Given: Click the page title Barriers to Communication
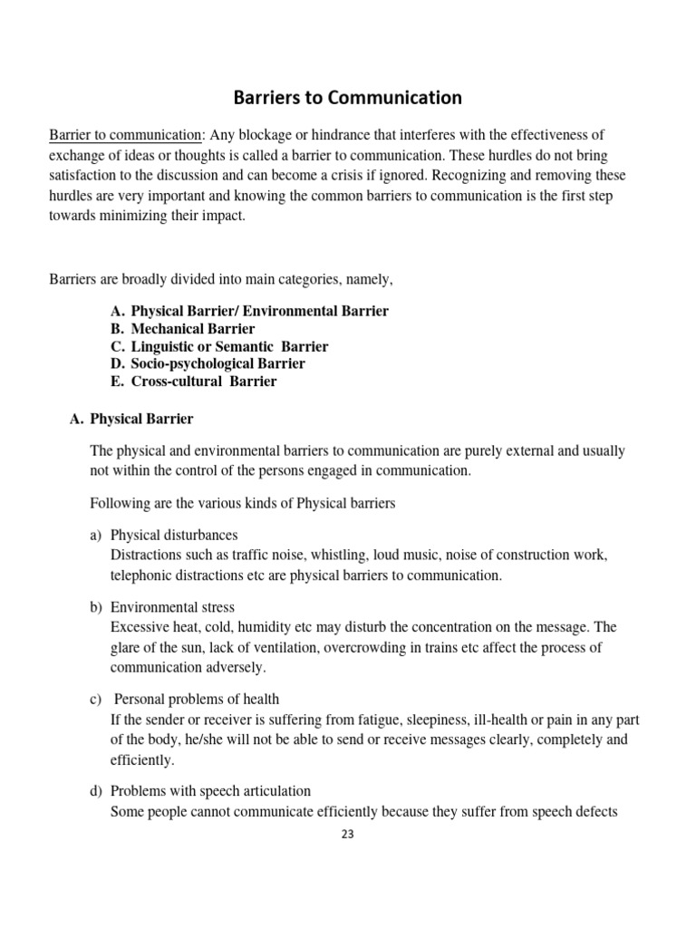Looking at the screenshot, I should (348, 97).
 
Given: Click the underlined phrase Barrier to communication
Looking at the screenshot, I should (127, 135).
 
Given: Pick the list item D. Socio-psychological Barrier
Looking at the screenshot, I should (208, 363).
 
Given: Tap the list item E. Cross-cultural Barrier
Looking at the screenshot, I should (194, 382).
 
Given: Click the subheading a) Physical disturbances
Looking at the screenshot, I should (174, 535).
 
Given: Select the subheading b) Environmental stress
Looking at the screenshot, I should (171, 607).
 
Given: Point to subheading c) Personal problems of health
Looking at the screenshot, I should (196, 699).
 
